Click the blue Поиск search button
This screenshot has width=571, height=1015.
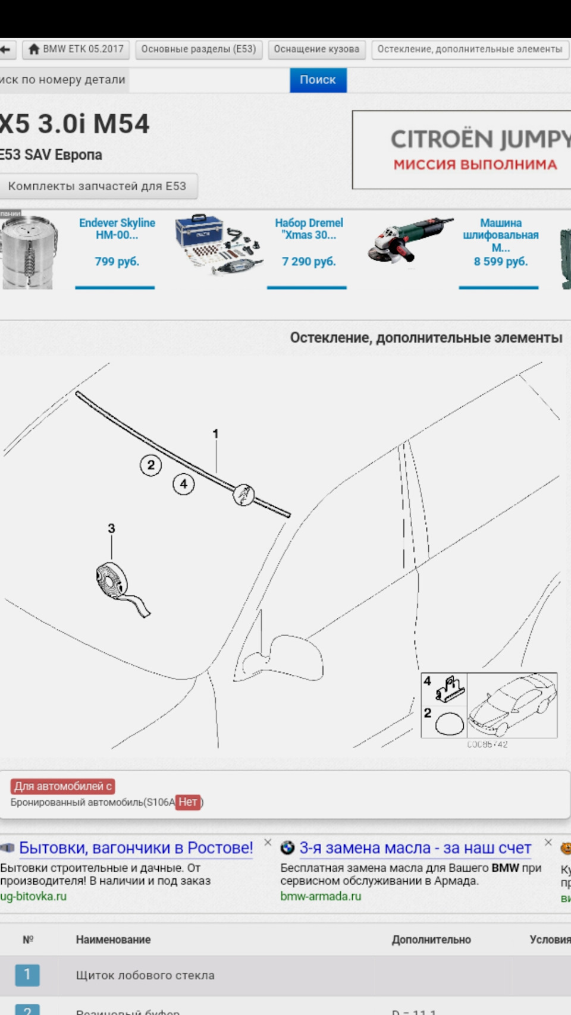pos(318,80)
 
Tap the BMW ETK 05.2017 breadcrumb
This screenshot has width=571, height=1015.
pos(76,49)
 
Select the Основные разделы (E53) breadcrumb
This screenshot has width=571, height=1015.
pos(198,49)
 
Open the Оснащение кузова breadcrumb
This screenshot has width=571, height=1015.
pos(316,49)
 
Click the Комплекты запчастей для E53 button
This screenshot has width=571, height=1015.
pos(97,186)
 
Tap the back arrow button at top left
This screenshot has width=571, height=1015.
pos(6,49)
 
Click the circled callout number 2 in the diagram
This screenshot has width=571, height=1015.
pos(150,465)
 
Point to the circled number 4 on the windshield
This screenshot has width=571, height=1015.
pos(183,484)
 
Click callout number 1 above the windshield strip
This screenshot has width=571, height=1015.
pos(215,434)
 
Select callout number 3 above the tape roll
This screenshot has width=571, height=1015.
pos(111,528)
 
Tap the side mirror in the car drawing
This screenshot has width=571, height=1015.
pos(291,657)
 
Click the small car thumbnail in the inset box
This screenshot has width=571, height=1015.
pos(512,705)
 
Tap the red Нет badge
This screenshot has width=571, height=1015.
pos(187,802)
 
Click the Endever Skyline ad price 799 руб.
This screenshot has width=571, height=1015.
pos(117,262)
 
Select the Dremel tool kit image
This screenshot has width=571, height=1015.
pos(218,244)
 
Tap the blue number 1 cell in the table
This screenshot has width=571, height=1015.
pos(27,975)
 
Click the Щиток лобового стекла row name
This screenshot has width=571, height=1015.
pos(145,975)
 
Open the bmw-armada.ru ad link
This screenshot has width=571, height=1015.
pos(321,896)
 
